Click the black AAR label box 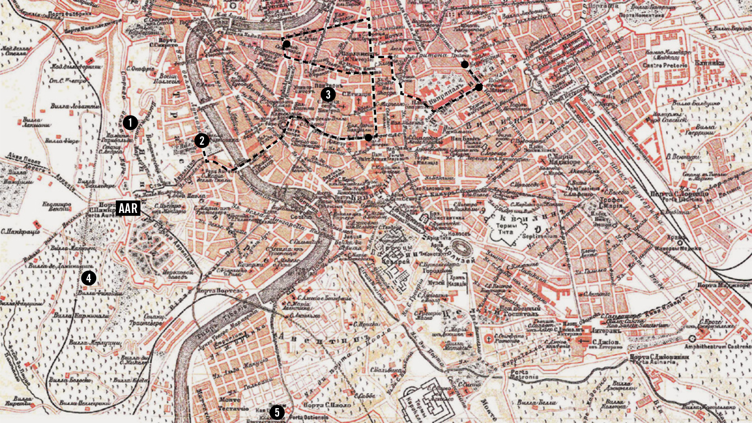click(128, 208)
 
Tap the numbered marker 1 click(130, 123)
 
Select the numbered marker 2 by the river click(202, 141)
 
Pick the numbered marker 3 click(328, 95)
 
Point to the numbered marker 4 click(89, 278)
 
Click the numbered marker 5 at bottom click(277, 412)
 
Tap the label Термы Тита click(506, 229)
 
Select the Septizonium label click(539, 237)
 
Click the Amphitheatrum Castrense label click(717, 346)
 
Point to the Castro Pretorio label click(665, 65)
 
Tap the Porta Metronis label click(524, 374)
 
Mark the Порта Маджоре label click(724, 285)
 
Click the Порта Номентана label click(641, 15)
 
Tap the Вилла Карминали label click(81, 316)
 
